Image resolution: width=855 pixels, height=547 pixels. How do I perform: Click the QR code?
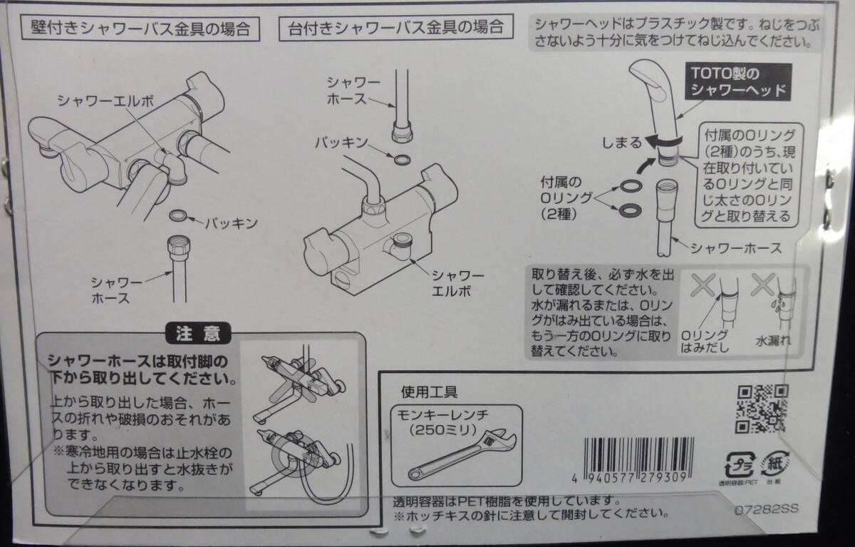[x=762, y=409]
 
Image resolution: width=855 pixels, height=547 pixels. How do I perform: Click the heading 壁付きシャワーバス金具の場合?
[x=140, y=29]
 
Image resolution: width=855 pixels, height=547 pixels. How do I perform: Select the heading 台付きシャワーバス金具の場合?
[x=396, y=29]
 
